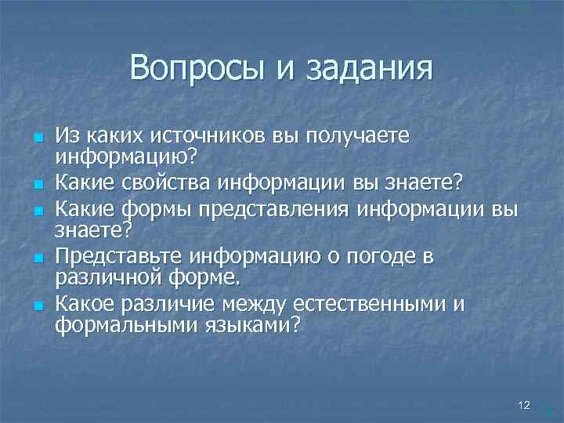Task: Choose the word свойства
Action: (175, 183)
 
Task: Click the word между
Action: (251, 302)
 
